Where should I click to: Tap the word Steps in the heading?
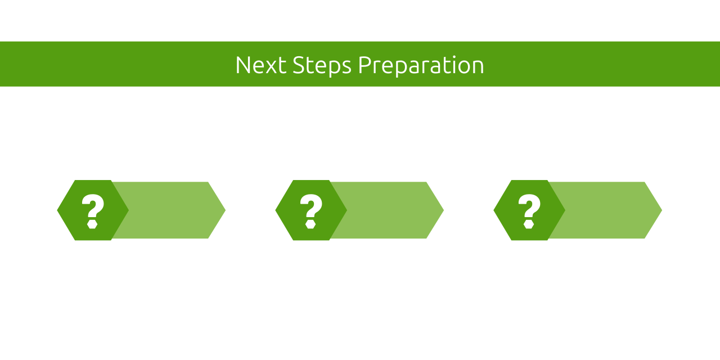322,65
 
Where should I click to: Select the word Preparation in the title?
421,65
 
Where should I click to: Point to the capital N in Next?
242,65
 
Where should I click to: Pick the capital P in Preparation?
364,65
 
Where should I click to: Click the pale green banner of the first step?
169,210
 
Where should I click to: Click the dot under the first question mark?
93,224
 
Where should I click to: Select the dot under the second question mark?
310,224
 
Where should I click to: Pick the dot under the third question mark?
529,224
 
